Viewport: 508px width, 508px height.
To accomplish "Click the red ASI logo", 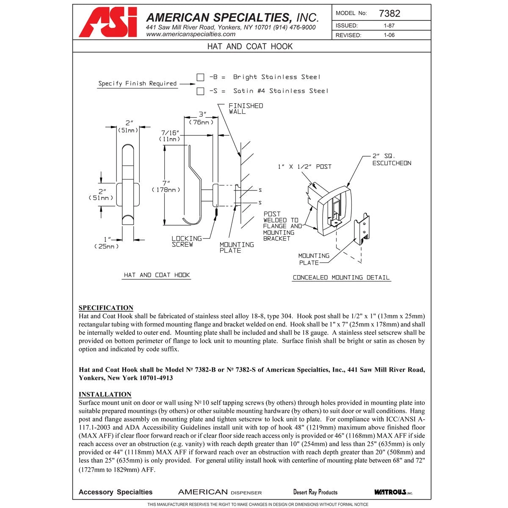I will coord(108,22).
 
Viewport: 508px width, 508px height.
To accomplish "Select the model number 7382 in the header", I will coord(389,13).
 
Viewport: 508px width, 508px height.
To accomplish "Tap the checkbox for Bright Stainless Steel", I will coord(200,77).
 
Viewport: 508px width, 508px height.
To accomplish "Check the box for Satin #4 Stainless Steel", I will coord(200,91).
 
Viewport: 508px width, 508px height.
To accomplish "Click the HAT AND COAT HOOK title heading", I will coord(250,46).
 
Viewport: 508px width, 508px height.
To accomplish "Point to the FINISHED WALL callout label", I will coord(246,109).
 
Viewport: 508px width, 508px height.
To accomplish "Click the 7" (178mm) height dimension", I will coord(166,186).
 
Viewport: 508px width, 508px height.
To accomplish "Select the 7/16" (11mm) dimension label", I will coord(170,136).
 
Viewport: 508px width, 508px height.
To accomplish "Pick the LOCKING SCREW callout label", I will coord(186,242).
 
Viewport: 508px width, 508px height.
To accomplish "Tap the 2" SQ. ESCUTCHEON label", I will coord(391,160).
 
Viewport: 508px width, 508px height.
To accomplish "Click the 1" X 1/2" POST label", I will coord(304,167).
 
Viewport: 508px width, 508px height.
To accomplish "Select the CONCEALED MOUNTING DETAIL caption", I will coord(341,278).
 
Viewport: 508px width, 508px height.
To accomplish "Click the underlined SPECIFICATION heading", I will coord(106,308).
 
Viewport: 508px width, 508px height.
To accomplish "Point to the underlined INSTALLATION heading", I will coord(105,394).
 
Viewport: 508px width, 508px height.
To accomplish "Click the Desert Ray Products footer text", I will coord(315,492).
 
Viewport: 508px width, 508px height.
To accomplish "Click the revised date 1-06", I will coord(389,35).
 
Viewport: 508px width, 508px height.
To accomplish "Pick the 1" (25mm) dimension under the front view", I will coord(106,243).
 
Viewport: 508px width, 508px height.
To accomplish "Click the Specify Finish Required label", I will coord(137,83).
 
